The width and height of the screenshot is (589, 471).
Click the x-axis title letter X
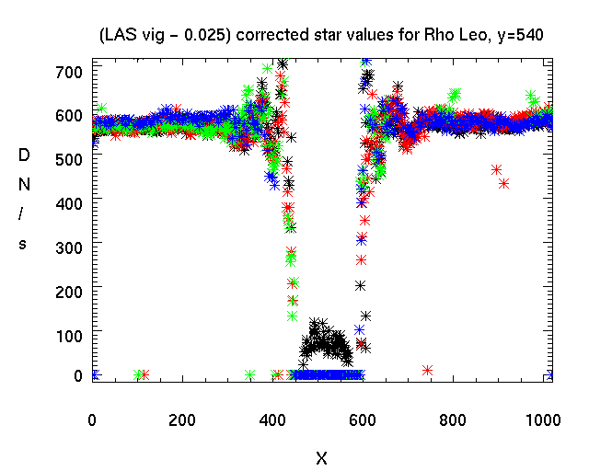(x=321, y=457)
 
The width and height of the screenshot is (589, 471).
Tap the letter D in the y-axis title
(x=24, y=155)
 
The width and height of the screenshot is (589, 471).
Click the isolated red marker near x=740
(x=427, y=370)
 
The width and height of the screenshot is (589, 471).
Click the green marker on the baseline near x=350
(x=250, y=374)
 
